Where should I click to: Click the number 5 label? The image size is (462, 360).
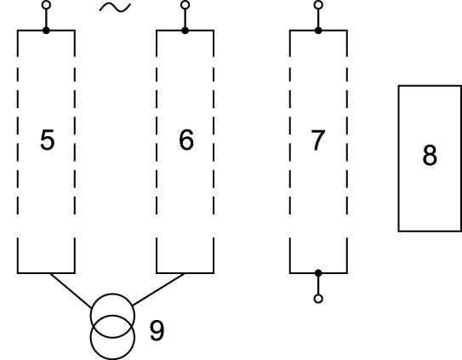(47, 140)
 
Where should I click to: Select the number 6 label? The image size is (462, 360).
(186, 140)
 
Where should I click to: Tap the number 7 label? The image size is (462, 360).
(318, 140)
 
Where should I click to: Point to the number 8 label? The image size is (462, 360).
(430, 155)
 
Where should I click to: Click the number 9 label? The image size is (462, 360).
(157, 330)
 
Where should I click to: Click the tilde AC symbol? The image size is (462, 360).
(115, 8)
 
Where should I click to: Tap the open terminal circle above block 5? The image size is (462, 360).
(46, 5)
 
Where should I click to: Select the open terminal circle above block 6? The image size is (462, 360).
(185, 5)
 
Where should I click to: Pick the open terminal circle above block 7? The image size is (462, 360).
(318, 5)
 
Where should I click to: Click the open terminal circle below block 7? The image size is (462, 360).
(318, 299)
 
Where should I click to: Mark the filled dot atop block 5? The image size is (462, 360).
(46, 30)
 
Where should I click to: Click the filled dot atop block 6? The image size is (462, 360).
(185, 30)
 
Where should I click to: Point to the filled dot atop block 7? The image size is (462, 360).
(318, 30)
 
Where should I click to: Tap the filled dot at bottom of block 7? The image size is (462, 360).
(318, 273)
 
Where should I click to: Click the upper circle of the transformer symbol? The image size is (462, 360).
(112, 294)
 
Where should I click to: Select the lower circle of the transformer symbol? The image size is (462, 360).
(112, 359)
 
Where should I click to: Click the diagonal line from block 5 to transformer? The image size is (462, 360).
(71, 291)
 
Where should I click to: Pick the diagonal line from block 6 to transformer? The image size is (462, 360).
(159, 289)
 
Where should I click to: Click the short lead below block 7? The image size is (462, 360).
(318, 285)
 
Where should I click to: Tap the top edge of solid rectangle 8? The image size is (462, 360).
(430, 86)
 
